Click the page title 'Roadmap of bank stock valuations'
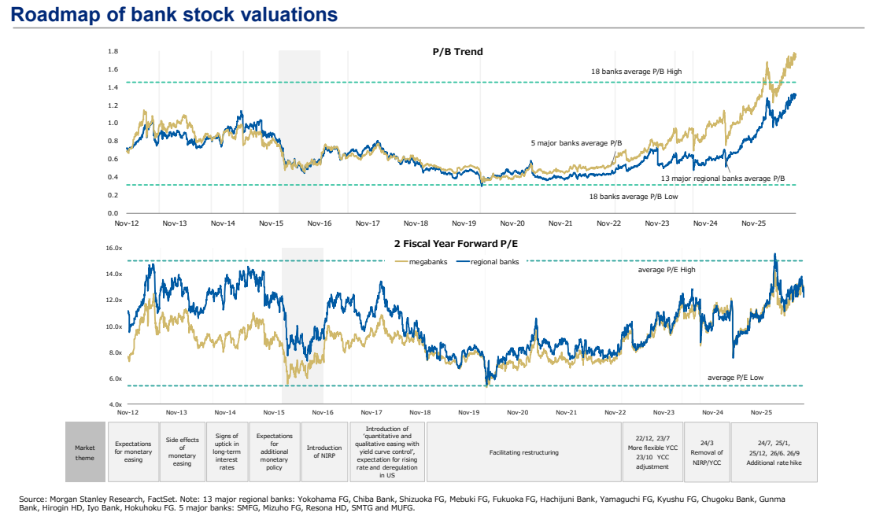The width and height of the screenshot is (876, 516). click(x=174, y=14)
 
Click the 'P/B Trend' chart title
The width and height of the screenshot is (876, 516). click(x=457, y=51)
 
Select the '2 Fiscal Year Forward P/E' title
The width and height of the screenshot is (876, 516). click(x=456, y=244)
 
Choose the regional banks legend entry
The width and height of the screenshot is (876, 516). click(x=488, y=261)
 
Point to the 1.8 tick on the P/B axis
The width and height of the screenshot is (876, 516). click(x=113, y=51)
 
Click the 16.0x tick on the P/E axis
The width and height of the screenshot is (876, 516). click(x=114, y=248)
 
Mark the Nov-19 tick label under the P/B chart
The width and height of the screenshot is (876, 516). click(x=464, y=223)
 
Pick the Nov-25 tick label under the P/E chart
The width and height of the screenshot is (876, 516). click(x=761, y=413)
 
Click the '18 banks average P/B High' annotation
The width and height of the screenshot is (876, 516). click(x=636, y=72)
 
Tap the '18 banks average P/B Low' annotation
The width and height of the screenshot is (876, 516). click(x=634, y=197)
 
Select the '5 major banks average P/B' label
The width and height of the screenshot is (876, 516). click(x=576, y=143)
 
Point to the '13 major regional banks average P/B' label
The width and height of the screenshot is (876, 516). click(x=723, y=179)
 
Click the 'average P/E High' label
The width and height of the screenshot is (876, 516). click(x=667, y=270)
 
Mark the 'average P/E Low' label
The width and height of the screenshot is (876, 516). click(x=735, y=378)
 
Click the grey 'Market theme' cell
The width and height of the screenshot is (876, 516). click(x=85, y=451)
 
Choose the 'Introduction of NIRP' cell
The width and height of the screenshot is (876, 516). click(x=324, y=451)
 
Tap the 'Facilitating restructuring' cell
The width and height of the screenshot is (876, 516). click(x=524, y=451)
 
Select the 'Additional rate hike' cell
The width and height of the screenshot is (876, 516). click(x=774, y=451)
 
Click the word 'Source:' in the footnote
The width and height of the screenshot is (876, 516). click(x=33, y=499)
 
